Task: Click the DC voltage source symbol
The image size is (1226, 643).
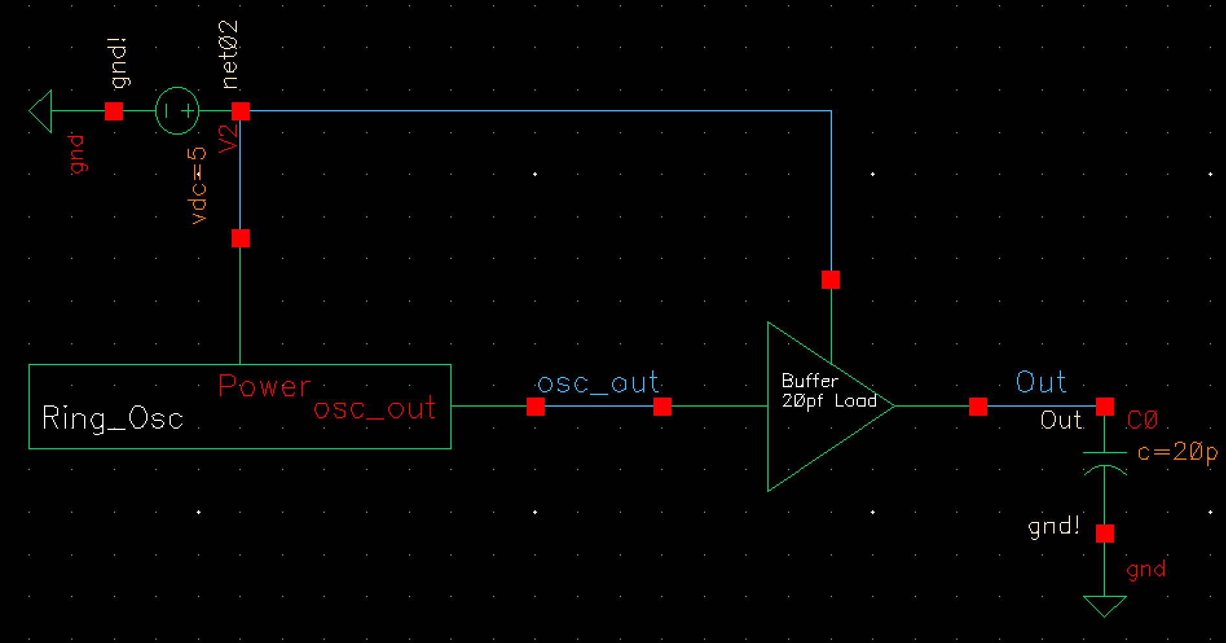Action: click(177, 111)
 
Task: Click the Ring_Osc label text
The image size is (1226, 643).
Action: click(113, 418)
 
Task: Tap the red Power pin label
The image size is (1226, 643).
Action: click(265, 386)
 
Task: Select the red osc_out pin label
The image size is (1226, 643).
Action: click(375, 409)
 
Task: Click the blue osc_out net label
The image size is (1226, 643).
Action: click(598, 383)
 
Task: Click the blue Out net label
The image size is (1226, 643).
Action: click(1040, 382)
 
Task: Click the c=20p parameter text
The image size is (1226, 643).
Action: click(1177, 453)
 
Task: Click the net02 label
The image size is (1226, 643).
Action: click(230, 55)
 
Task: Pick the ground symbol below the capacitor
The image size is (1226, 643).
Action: click(1105, 606)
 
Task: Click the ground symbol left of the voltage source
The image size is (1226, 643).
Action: click(40, 111)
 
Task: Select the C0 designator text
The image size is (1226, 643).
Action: click(1141, 421)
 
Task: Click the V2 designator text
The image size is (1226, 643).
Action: click(229, 139)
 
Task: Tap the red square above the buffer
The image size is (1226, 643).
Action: click(831, 280)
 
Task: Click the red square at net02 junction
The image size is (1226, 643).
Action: click(241, 111)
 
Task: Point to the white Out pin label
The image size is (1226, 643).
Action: click(1061, 420)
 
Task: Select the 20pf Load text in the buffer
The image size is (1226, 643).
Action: click(829, 401)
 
